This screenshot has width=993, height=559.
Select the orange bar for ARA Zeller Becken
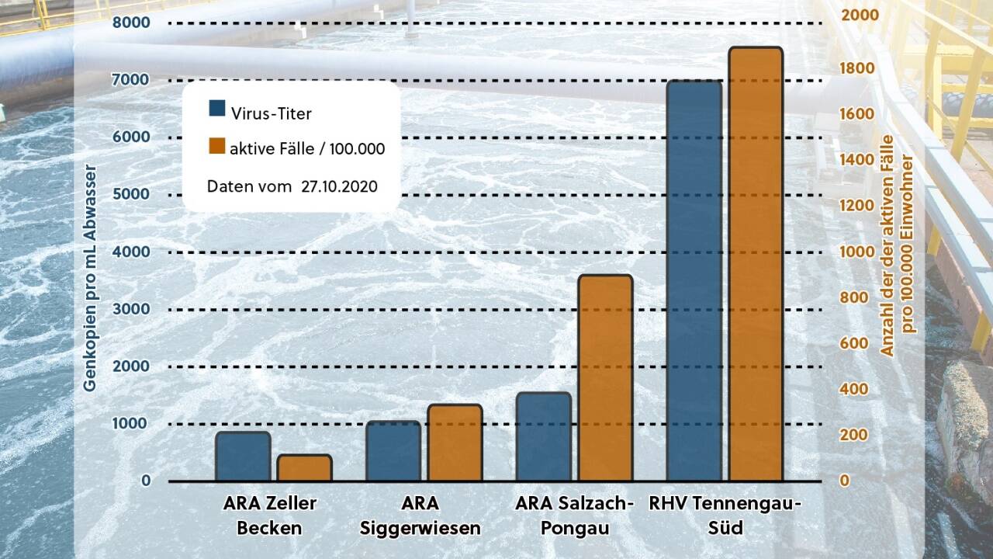(304, 468)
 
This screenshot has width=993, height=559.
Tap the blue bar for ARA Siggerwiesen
(393, 451)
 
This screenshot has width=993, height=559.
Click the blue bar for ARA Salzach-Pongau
(543, 436)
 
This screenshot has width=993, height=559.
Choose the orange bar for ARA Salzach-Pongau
(605, 378)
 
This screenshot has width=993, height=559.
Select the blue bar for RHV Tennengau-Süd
(694, 280)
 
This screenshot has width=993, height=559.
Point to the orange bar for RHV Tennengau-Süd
(756, 264)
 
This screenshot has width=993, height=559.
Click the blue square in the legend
(217, 108)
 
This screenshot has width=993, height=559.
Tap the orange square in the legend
(217, 146)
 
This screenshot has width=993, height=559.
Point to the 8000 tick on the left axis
(131, 23)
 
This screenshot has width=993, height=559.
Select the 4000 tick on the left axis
(131, 252)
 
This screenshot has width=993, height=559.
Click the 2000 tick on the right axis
(860, 15)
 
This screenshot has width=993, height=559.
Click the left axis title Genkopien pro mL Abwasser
(91, 278)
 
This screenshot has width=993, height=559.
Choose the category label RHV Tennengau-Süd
(725, 516)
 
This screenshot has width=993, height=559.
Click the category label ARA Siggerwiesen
(420, 516)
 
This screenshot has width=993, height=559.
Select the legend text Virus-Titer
(271, 114)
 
